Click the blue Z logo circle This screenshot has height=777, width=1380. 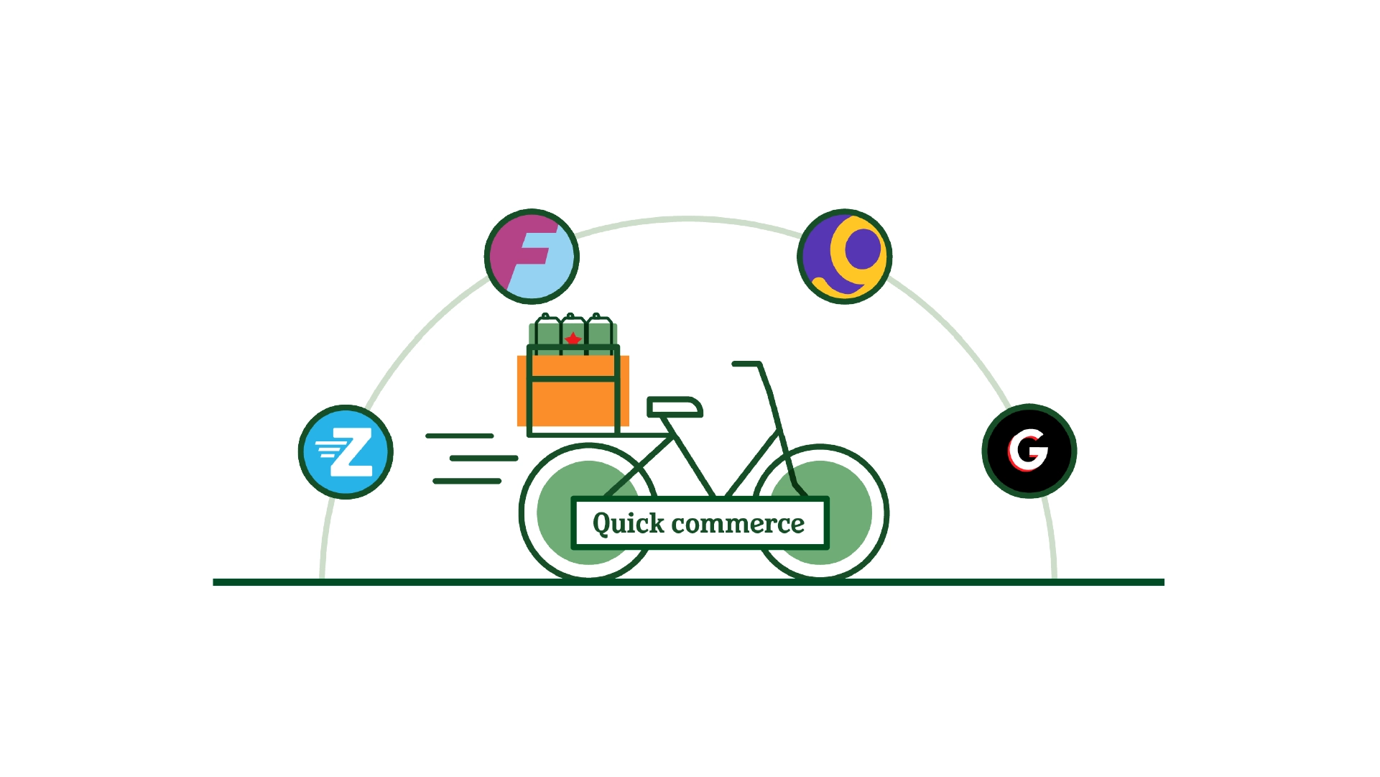[346, 452]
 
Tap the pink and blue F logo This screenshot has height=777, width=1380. [532, 257]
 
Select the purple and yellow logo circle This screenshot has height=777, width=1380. [844, 257]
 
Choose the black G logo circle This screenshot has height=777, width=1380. [1029, 451]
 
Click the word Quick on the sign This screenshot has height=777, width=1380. [628, 523]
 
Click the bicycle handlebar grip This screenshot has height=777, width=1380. [746, 364]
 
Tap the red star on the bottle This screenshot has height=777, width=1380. [573, 339]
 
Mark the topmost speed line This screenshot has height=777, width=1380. [460, 436]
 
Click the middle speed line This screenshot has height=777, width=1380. [483, 458]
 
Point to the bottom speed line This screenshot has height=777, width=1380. [467, 481]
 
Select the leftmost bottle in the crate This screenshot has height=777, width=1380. [547, 334]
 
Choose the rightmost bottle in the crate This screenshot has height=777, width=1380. [599, 334]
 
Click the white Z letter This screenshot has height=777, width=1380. [352, 452]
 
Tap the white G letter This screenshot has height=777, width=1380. [1029, 450]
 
